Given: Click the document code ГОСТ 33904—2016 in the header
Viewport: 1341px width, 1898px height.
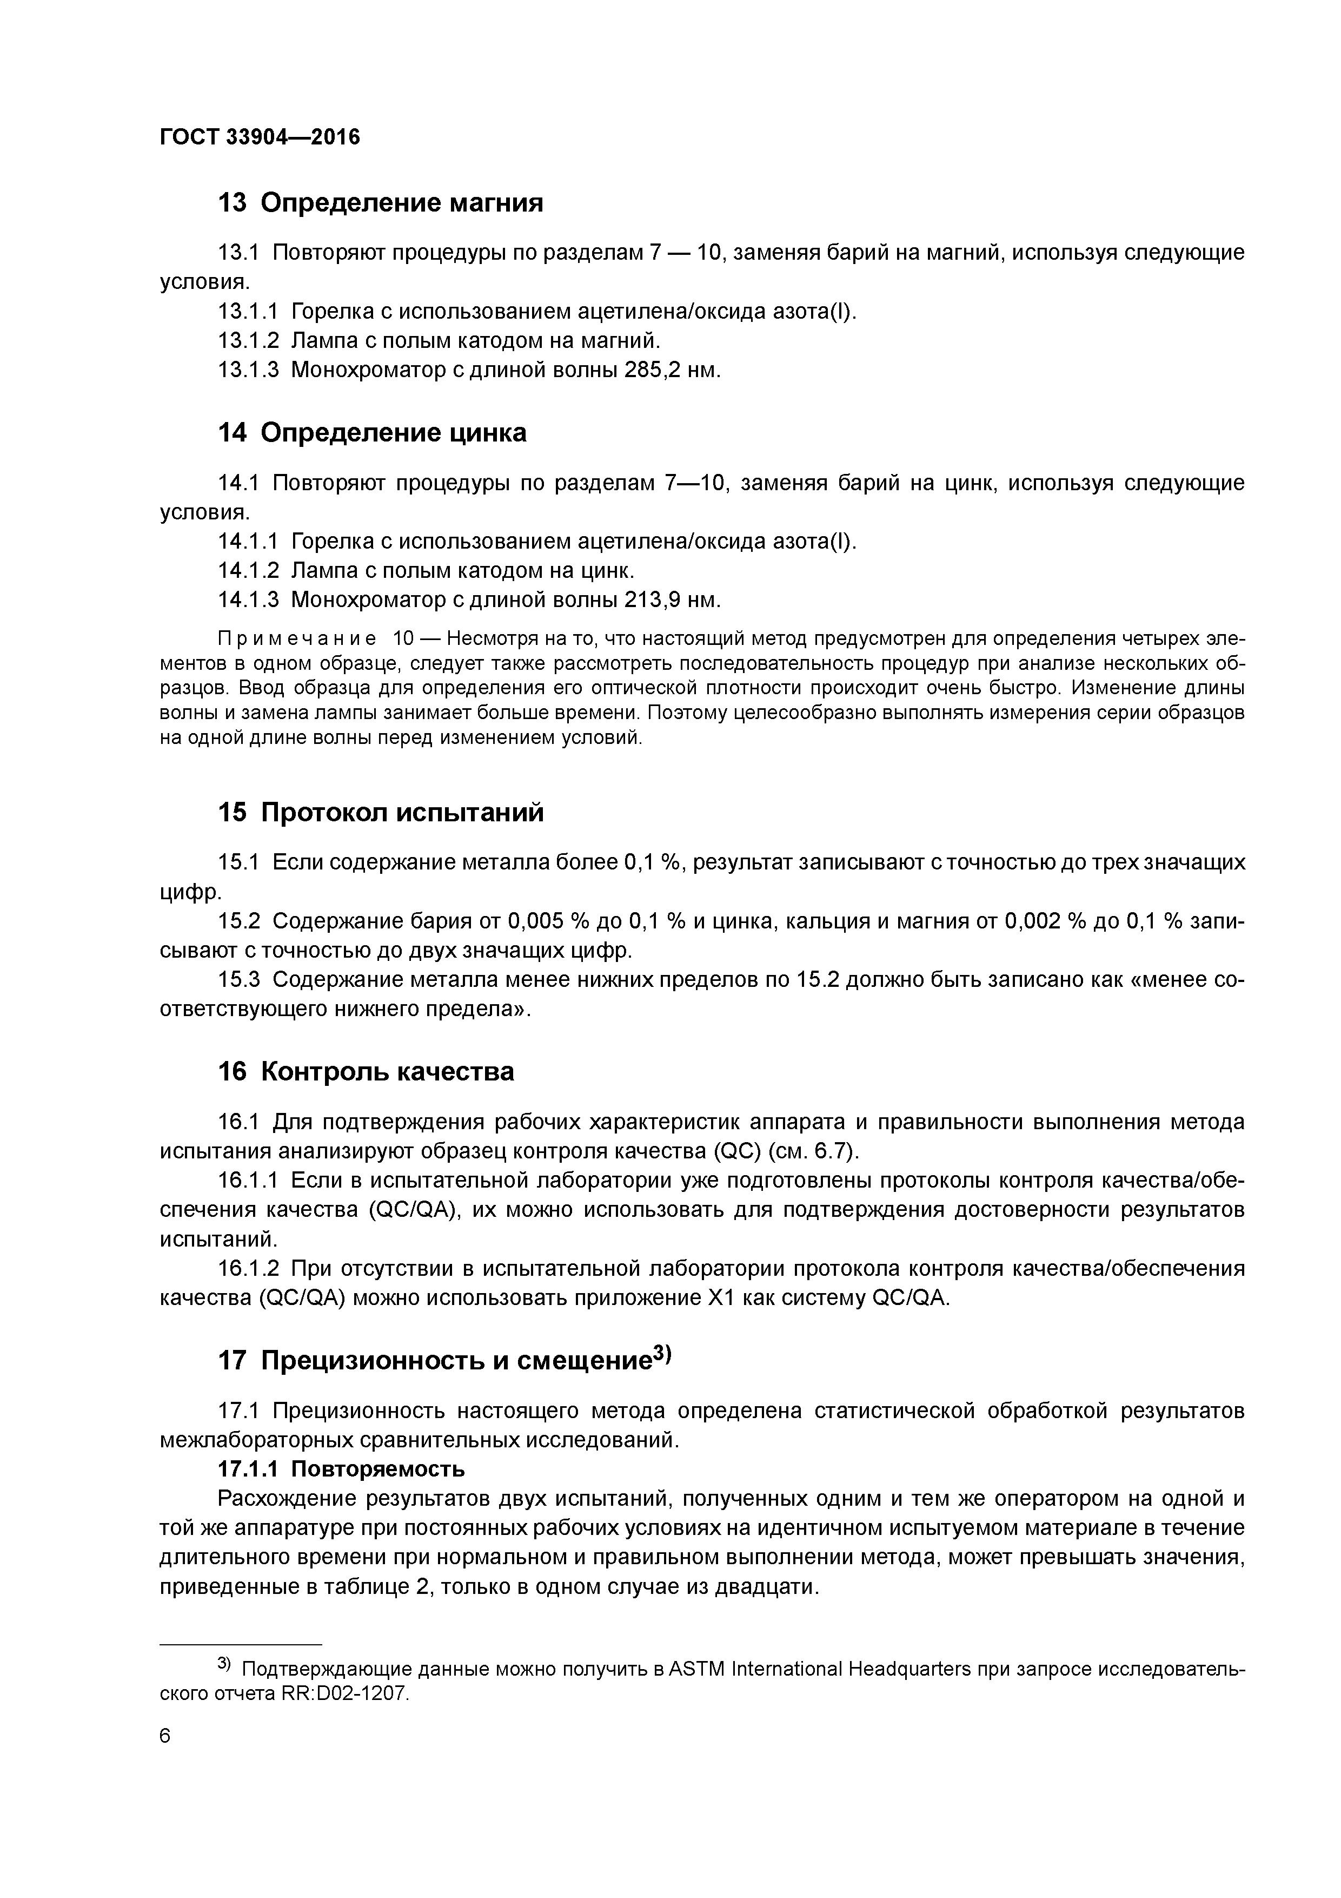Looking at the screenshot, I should (260, 137).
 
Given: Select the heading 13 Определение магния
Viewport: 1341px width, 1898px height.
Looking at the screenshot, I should (380, 202).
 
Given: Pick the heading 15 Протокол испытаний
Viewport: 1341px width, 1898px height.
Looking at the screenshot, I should (380, 813).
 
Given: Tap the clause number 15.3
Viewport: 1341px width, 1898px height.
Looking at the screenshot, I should (239, 980).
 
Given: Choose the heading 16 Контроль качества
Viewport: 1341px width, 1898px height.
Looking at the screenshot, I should (365, 1071).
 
